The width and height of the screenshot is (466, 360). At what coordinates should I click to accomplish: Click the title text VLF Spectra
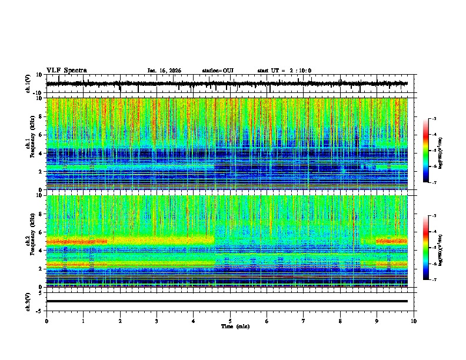66,71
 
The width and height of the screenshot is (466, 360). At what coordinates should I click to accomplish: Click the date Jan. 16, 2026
164,71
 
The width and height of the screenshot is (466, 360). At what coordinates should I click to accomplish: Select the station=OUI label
218,71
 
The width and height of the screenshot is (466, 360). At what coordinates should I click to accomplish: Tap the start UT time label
284,71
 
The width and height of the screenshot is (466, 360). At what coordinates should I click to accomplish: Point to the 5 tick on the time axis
230,321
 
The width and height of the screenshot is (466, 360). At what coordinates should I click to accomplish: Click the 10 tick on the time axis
414,321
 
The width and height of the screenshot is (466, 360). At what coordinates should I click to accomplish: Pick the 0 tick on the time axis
46,321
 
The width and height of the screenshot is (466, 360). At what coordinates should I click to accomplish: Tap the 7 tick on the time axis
304,321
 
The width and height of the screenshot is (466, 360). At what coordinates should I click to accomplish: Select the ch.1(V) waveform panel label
29,84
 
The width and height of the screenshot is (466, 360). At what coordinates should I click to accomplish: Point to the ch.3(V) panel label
29,301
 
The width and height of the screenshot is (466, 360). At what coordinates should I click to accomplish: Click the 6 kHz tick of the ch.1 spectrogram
41,135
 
